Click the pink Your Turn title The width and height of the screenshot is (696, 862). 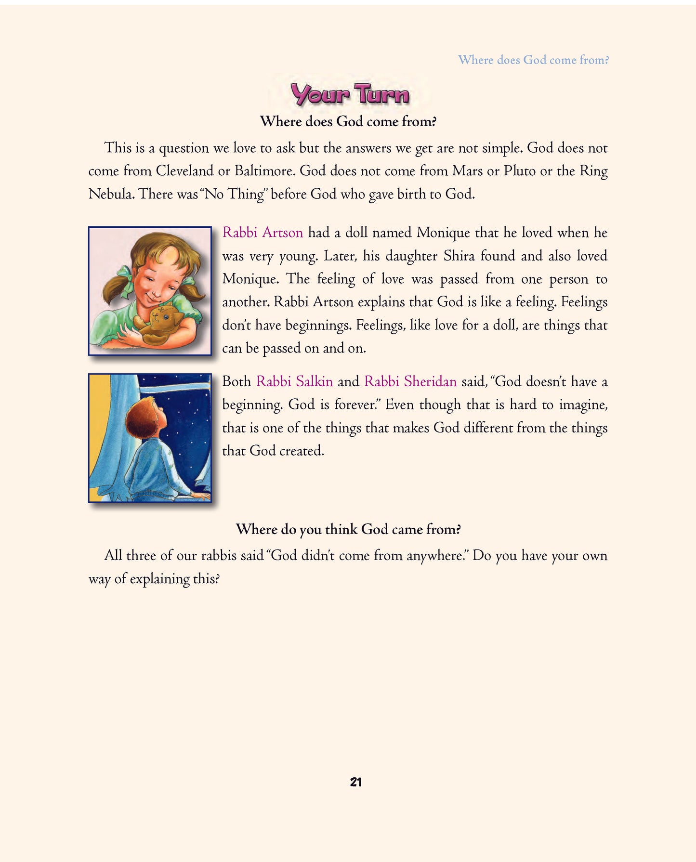pos(350,94)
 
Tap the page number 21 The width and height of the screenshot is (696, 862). pos(355,782)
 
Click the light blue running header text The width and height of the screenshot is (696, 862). pos(533,60)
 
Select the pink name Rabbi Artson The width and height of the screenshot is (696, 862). pos(263,233)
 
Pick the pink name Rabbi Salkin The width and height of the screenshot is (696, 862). pos(294,381)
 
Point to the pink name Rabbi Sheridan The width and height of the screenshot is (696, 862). pos(410,381)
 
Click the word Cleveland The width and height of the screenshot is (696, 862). pos(184,171)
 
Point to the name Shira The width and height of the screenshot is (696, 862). pos(459,256)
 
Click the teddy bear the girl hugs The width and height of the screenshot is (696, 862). pos(161,323)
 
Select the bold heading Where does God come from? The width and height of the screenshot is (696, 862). pos(348,121)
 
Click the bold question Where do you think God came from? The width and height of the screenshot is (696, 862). pos(348,529)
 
